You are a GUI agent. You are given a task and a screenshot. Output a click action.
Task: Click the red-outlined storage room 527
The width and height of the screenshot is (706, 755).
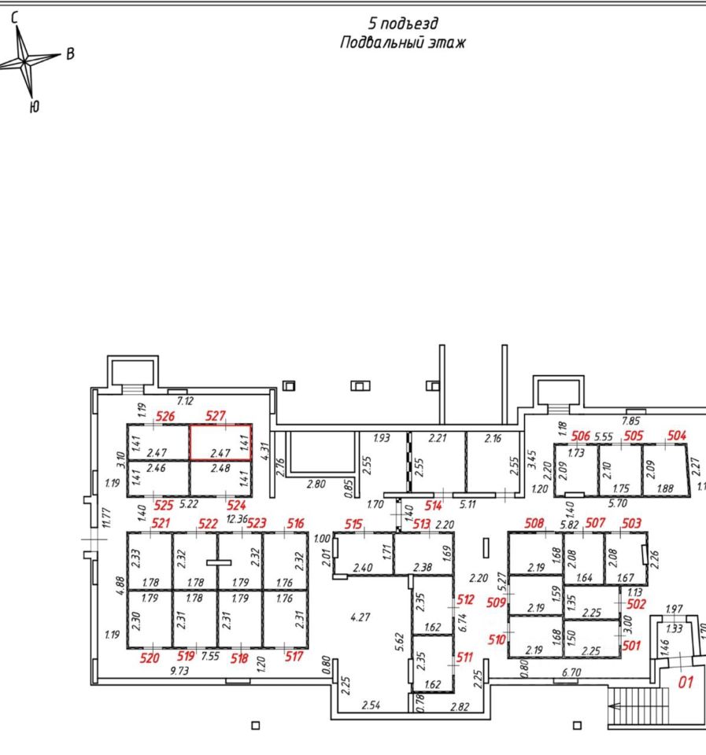pyautogui.click(x=220, y=442)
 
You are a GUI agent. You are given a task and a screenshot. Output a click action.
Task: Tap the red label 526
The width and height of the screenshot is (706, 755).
pyautogui.click(x=165, y=416)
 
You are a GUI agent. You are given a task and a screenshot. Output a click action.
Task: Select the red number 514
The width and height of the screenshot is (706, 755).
pyautogui.click(x=433, y=506)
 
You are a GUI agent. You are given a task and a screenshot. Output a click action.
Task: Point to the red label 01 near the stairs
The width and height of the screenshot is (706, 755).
pyautogui.click(x=686, y=683)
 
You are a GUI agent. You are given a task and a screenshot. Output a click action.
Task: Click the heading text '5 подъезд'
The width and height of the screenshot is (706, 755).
pyautogui.click(x=403, y=24)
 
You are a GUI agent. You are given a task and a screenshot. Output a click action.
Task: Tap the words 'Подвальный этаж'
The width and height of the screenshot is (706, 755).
pyautogui.click(x=402, y=42)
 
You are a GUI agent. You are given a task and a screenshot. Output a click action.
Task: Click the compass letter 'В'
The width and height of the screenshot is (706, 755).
pyautogui.click(x=70, y=54)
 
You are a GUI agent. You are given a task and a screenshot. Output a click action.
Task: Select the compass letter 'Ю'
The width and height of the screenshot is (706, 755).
pyautogui.click(x=33, y=106)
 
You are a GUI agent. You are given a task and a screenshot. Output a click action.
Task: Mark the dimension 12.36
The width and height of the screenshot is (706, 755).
pyautogui.click(x=236, y=519)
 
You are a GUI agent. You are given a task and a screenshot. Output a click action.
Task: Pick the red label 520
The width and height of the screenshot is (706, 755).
pyautogui.click(x=150, y=657)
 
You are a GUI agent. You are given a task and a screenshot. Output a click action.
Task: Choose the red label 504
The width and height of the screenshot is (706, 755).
pyautogui.click(x=676, y=435)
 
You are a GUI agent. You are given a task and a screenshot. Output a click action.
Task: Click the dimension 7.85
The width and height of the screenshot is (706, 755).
pyautogui.click(x=631, y=421)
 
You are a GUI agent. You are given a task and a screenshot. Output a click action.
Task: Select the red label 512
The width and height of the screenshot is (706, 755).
pyautogui.click(x=465, y=600)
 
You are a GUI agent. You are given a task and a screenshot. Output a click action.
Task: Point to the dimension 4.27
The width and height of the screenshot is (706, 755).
pyautogui.click(x=360, y=617)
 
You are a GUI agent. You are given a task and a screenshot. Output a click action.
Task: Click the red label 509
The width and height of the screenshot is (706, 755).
pyautogui.click(x=495, y=604)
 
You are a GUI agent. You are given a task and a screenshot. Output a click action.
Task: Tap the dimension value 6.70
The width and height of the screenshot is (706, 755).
pyautogui.click(x=571, y=672)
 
